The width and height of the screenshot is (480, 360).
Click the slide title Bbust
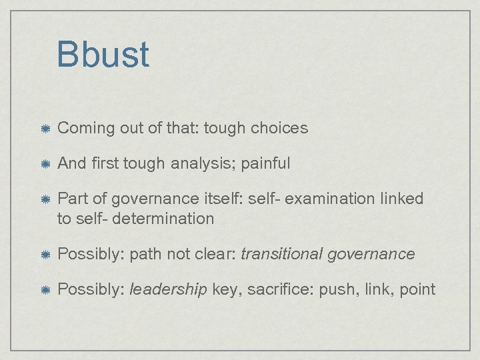tap(103, 54)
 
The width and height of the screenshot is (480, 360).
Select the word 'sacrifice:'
tap(275, 289)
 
